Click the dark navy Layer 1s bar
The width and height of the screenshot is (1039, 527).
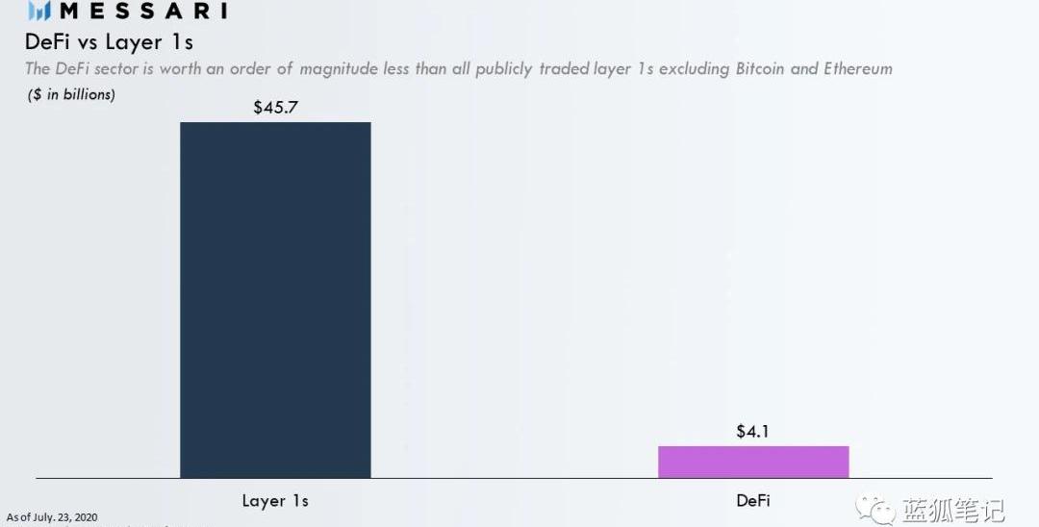tap(275, 300)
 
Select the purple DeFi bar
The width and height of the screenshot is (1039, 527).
tap(753, 462)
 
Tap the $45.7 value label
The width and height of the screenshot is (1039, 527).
tap(275, 108)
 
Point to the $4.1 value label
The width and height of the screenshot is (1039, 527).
tap(753, 432)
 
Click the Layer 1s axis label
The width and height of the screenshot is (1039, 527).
tap(275, 501)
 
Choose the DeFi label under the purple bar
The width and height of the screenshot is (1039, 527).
tap(753, 501)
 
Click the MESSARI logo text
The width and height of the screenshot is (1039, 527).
tap(143, 12)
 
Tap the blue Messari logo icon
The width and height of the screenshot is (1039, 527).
tap(39, 12)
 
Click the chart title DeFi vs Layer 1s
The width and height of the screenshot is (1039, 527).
tap(108, 42)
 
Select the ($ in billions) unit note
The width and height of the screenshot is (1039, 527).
tap(70, 94)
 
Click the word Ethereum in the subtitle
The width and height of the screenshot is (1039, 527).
tap(858, 69)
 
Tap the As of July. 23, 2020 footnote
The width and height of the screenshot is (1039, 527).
tap(52, 517)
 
